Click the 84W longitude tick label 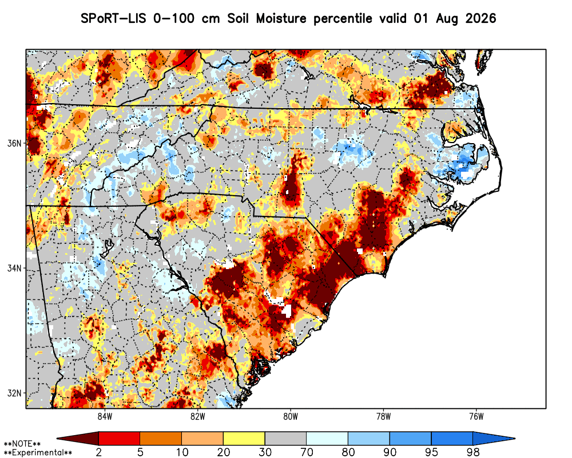click(x=105, y=417)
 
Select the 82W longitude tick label click(x=198, y=417)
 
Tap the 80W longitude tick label click(x=291, y=417)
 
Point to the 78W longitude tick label click(x=383, y=417)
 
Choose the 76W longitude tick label click(x=476, y=417)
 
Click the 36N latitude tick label click(x=15, y=143)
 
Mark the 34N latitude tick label click(x=15, y=269)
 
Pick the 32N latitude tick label click(x=15, y=393)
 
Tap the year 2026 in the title click(x=481, y=18)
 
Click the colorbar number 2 click(x=98, y=452)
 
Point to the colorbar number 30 click(x=265, y=452)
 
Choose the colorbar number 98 click(x=473, y=452)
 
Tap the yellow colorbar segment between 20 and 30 click(x=244, y=439)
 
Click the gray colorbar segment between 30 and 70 click(x=285, y=439)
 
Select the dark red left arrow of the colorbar click(x=78, y=439)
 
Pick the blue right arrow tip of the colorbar click(x=514, y=439)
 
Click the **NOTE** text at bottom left click(x=22, y=444)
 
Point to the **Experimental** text click(x=38, y=453)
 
